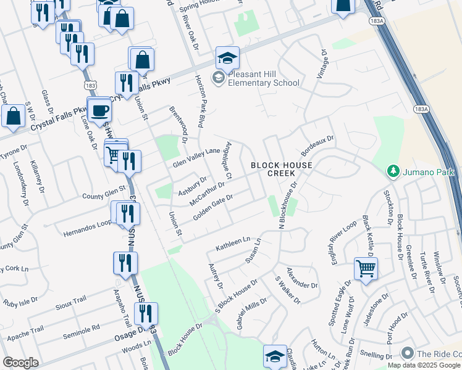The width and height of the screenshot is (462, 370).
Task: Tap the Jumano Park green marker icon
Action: pos(391,170)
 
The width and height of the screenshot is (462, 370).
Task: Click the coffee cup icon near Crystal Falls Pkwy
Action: pos(99,111)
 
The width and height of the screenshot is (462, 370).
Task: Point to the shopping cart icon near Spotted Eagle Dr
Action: pos(366,268)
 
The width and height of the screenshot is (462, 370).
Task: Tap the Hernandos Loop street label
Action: pos(86,228)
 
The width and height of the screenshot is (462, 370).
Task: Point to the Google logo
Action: pos(20,363)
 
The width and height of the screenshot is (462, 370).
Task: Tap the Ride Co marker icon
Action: pos(406,353)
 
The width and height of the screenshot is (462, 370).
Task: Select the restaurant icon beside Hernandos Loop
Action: pos(128,213)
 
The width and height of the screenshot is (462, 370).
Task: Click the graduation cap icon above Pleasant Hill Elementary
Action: pos(227,59)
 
